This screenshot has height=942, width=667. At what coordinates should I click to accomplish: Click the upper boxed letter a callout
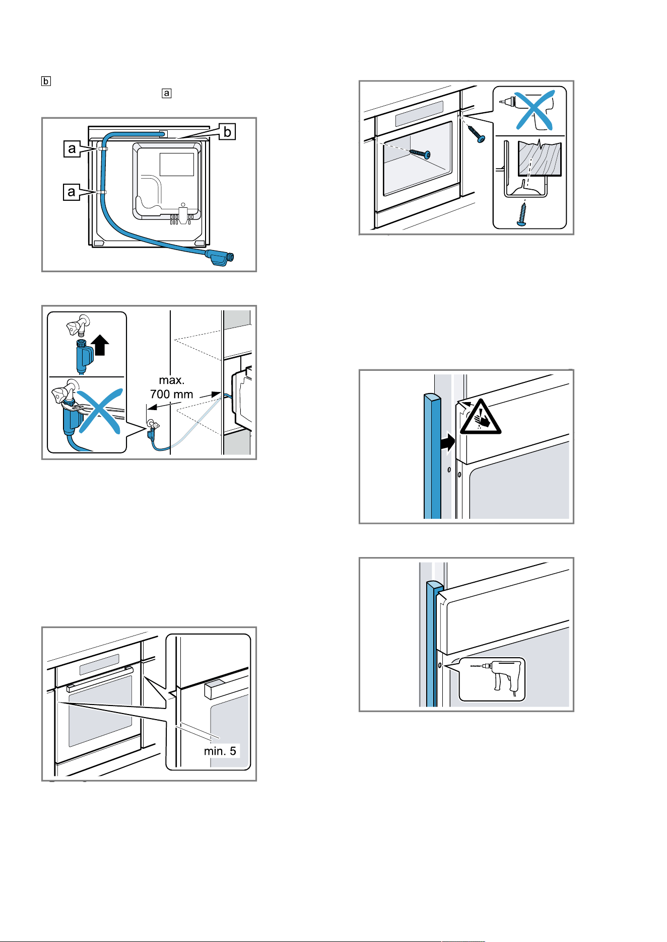tap(72, 149)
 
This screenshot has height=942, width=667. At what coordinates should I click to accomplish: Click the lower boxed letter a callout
tap(72, 192)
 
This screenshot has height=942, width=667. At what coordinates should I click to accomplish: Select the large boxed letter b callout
tap(228, 132)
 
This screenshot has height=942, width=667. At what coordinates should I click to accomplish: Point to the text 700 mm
tap(172, 394)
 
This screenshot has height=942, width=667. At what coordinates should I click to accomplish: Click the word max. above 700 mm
tap(172, 380)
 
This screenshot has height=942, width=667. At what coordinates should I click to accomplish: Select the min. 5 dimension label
tap(220, 751)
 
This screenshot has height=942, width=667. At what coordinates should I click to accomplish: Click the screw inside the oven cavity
tap(420, 153)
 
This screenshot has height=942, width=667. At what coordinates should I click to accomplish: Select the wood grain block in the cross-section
tap(540, 159)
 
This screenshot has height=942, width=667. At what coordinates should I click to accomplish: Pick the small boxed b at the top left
tap(46, 81)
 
